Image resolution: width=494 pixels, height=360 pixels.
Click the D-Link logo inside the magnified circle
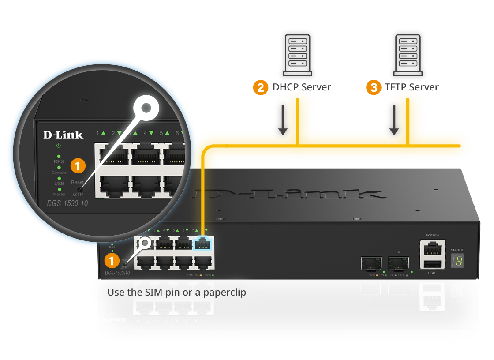point(63,135)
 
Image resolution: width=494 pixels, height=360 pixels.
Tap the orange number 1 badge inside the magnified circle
point(78,166)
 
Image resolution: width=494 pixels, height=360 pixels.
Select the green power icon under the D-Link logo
point(59,146)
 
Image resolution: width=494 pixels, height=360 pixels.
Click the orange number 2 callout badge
point(261,88)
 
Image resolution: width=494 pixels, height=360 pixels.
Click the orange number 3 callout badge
point(374,88)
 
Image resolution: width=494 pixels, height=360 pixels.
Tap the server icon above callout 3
point(408,55)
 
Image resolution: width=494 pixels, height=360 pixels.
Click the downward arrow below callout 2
point(283,120)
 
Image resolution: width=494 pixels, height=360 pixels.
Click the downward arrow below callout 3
point(394,120)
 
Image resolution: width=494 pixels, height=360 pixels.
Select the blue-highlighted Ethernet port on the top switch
point(203,244)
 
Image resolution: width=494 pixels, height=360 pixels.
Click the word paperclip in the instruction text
point(223,292)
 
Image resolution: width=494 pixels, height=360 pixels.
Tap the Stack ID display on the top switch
point(457,261)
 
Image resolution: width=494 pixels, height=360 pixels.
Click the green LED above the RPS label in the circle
point(59,156)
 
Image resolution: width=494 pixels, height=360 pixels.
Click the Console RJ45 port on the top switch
point(432,249)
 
